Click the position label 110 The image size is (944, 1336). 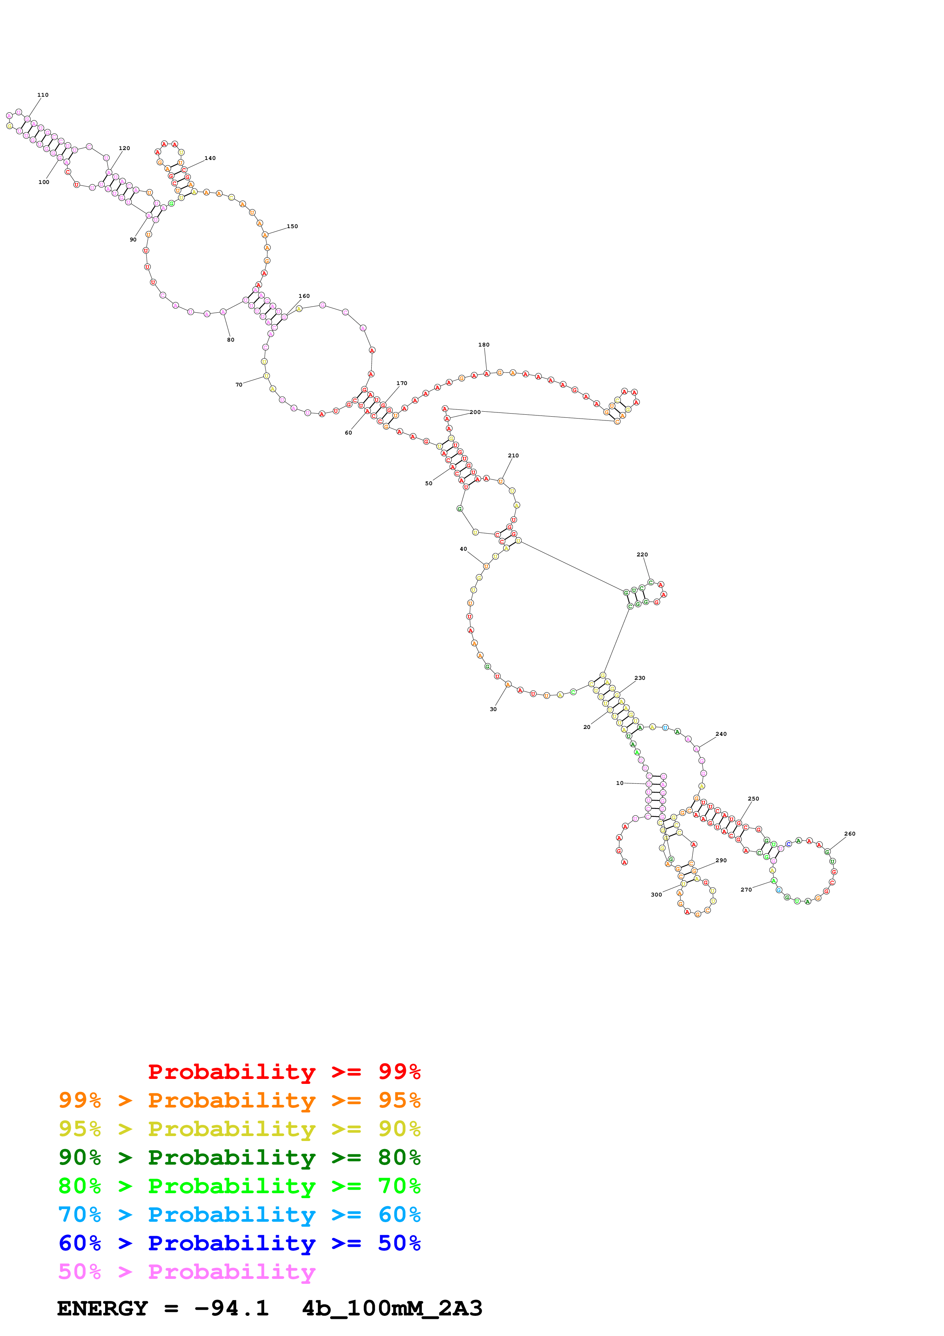click(x=43, y=95)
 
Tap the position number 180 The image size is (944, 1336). click(x=484, y=345)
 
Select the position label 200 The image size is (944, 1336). click(x=475, y=412)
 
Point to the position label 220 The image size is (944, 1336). click(x=642, y=555)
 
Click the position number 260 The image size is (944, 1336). click(x=850, y=834)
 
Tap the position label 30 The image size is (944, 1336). click(x=493, y=709)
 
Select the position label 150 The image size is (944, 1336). click(x=292, y=226)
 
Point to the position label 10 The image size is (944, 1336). click(x=620, y=783)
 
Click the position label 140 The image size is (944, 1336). click(x=210, y=158)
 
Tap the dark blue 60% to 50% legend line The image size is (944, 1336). click(x=239, y=1243)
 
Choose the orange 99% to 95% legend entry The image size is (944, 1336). click(x=239, y=1100)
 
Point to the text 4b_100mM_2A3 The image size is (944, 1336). click(x=392, y=1308)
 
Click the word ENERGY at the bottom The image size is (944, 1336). click(x=102, y=1308)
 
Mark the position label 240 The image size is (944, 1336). click(x=721, y=734)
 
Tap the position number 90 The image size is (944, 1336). click(x=133, y=240)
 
